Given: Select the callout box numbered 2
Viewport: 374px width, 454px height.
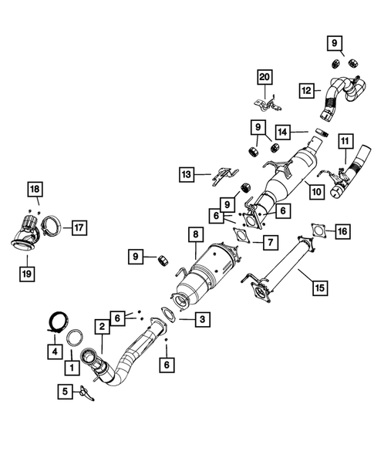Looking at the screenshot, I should coord(101,327).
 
